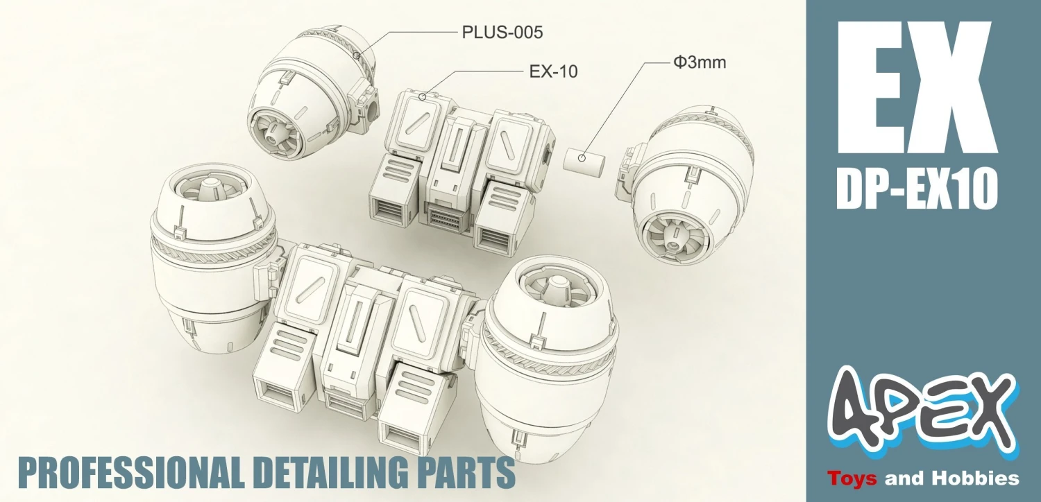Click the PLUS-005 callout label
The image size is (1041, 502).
(502, 33)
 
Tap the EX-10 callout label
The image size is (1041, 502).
(553, 71)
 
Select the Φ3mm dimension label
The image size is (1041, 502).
(700, 62)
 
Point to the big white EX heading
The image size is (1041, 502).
(917, 82)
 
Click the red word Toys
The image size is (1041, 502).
(852, 478)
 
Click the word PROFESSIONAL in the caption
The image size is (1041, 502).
(132, 472)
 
